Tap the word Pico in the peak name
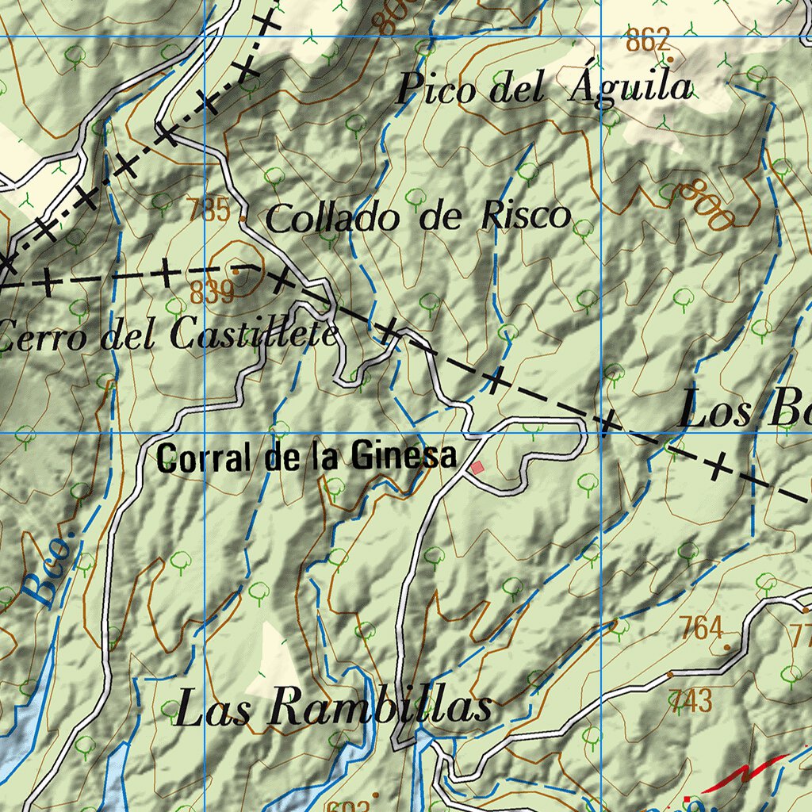point(436,88)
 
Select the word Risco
point(525,216)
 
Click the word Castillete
point(254,336)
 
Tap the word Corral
point(207,458)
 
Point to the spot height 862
point(648,40)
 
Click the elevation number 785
point(209,211)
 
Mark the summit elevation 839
point(212,293)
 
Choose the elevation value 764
point(702,629)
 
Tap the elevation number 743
point(691,701)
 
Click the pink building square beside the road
point(477,468)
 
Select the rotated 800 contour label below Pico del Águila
point(707,204)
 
